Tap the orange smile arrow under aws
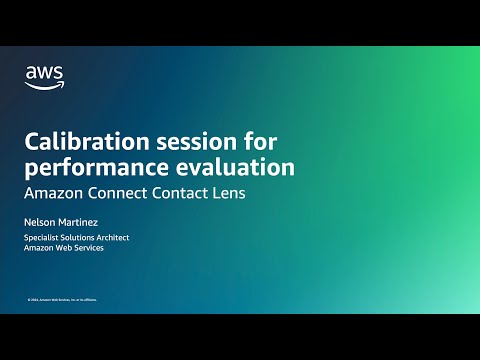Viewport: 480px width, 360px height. (x=42, y=84)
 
